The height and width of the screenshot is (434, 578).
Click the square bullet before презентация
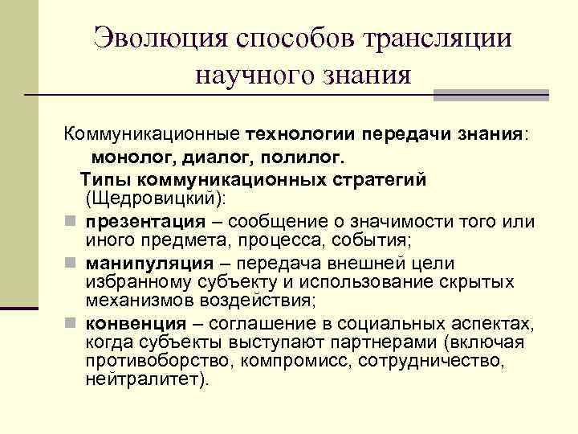click(71, 219)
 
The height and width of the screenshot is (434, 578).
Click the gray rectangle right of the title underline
click(490, 95)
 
